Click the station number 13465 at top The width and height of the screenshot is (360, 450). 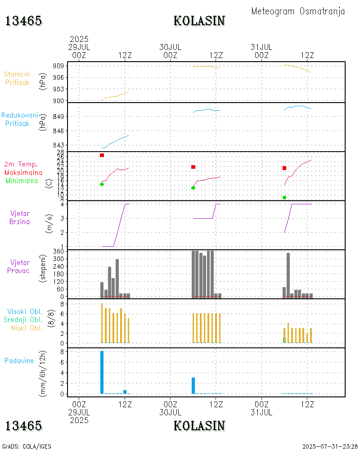pos(24,21)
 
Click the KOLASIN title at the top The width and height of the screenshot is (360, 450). pos(199,21)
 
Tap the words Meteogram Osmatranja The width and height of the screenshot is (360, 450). pos(298,11)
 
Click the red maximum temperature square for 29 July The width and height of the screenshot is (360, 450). pos(102,155)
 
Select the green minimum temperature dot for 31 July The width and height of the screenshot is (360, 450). pos(284,198)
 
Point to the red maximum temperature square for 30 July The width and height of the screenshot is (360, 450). pos(193,167)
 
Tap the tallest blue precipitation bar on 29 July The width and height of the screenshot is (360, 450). pos(102,372)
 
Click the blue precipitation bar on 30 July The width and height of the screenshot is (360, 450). pos(193,386)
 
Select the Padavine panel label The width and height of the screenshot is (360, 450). pos(19,360)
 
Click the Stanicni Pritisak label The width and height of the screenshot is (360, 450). pos(17,78)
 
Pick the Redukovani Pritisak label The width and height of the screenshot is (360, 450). pos(19,119)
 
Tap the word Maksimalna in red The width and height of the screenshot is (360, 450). pos(23,172)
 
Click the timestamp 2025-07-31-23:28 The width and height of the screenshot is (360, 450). pos(330,446)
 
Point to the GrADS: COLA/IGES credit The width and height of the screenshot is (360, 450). pos(27,446)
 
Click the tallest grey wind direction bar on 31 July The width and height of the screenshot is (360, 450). pos(288,275)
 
